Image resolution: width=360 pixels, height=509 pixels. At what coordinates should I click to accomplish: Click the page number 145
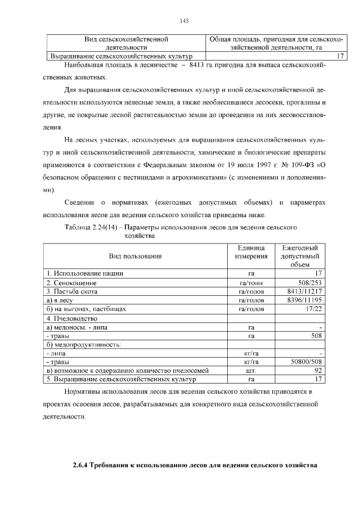pos(183,21)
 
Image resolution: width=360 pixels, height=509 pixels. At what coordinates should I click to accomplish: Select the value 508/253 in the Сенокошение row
pos(309,283)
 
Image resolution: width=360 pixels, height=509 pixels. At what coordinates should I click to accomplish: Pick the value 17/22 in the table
pos(313,309)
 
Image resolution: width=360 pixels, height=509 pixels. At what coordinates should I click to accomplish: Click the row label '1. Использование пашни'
pos(85,274)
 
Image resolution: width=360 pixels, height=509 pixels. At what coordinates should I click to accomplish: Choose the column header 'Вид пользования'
pos(136,256)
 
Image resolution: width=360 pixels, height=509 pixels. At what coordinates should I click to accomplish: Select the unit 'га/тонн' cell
pos(251,283)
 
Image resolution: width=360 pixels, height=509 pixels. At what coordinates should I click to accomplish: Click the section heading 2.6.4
pos(195,466)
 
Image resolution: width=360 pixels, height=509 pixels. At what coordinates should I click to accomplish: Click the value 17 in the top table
pos(340,56)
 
